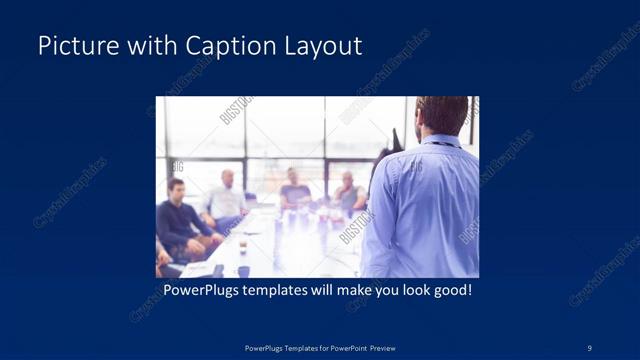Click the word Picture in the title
click(73, 46)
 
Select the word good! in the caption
click(450, 291)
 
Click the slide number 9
click(590, 347)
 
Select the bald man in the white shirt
click(228, 195)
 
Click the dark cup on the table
click(242, 269)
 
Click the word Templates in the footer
click(297, 347)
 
